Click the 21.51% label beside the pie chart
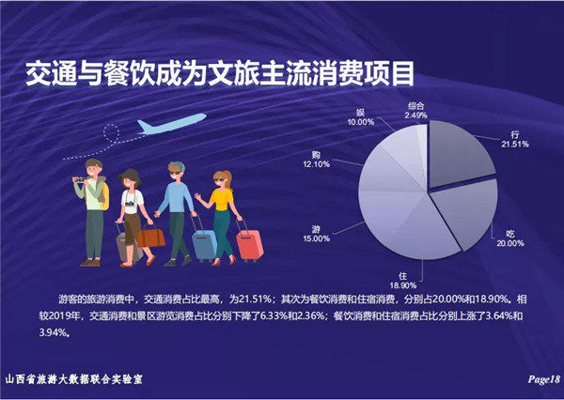515,144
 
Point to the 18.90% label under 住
403,285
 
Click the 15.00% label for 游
316,238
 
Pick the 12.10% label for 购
316,164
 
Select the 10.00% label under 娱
361,122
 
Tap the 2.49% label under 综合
415,115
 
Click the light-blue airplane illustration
172,124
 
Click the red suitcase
249,244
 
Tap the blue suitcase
204,244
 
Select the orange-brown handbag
150,236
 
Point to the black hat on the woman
130,176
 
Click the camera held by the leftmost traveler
80,179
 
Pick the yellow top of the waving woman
222,199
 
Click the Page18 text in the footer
544,379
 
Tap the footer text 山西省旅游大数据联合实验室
74,379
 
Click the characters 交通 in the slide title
51,74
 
